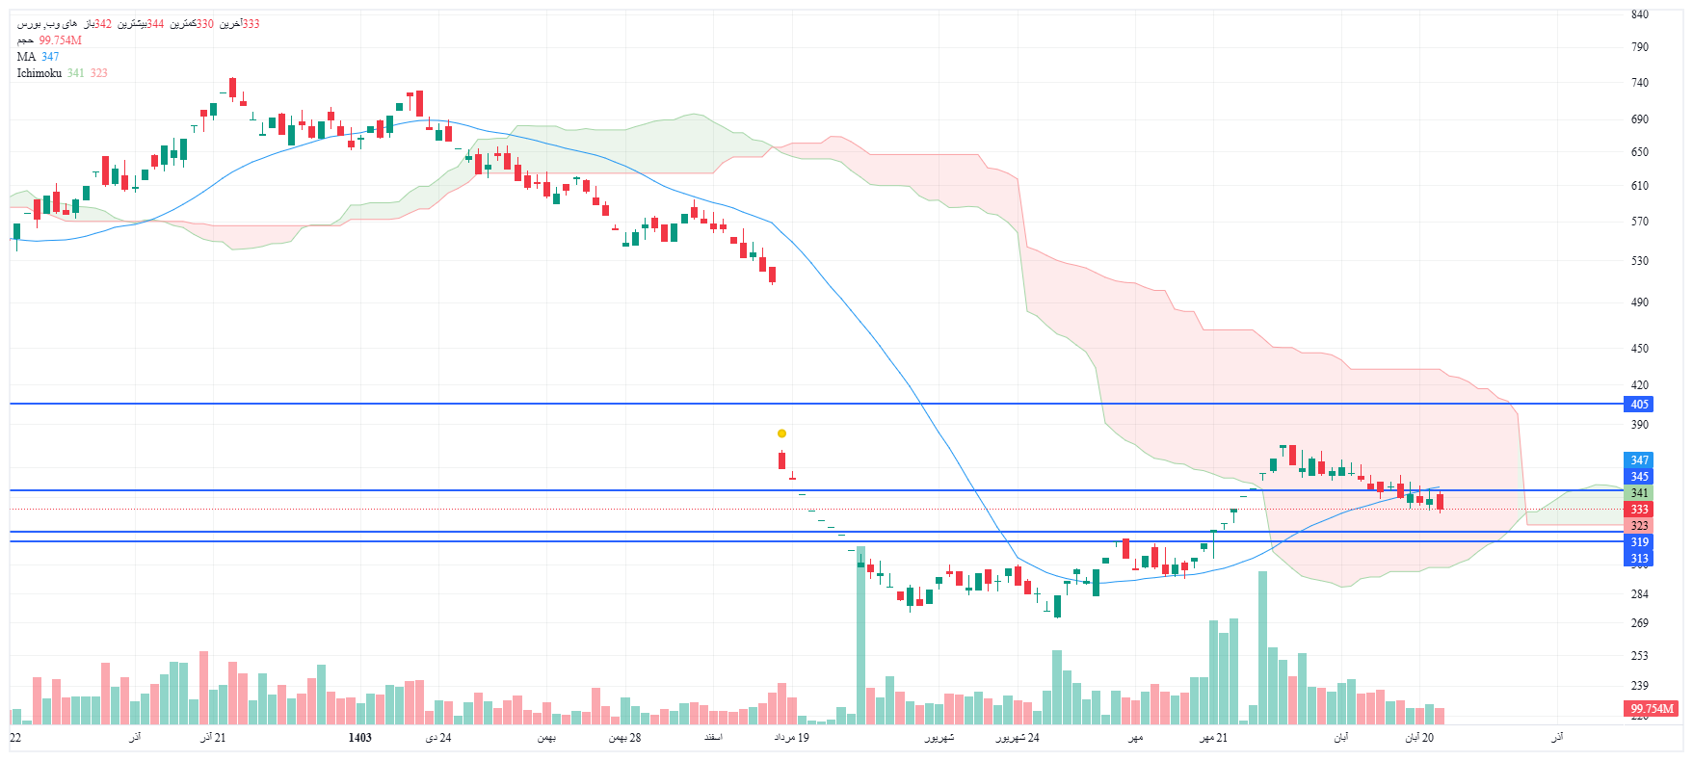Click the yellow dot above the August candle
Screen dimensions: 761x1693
pyautogui.click(x=781, y=433)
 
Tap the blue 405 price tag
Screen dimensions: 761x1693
pyautogui.click(x=1639, y=405)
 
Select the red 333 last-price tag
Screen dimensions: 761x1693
pyautogui.click(x=1639, y=510)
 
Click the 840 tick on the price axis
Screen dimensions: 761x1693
pyautogui.click(x=1639, y=14)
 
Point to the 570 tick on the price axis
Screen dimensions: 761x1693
pyautogui.click(x=1639, y=222)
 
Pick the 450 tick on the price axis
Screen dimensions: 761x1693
pyautogui.click(x=1639, y=349)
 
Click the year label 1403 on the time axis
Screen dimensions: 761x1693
pyautogui.click(x=359, y=738)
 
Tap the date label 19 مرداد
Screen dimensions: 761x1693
pyautogui.click(x=791, y=738)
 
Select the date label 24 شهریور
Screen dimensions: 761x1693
pyautogui.click(x=1018, y=738)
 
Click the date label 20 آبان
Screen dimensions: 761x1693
pyautogui.click(x=1419, y=738)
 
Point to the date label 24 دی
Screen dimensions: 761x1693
pyautogui.click(x=438, y=738)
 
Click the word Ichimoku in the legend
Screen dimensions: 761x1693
pyautogui.click(x=40, y=73)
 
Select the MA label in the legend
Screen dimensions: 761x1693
pyautogui.click(x=26, y=57)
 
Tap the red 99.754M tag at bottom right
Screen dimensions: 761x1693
pyautogui.click(x=1652, y=709)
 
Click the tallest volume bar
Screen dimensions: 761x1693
pyautogui.click(x=860, y=636)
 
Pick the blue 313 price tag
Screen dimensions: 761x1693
pyautogui.click(x=1639, y=559)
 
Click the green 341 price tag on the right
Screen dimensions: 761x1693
pyautogui.click(x=1639, y=493)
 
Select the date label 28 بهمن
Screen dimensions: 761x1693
pyautogui.click(x=624, y=738)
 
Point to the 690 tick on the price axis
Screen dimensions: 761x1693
pyautogui.click(x=1639, y=119)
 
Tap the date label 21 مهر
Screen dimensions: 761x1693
pyautogui.click(x=1213, y=738)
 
